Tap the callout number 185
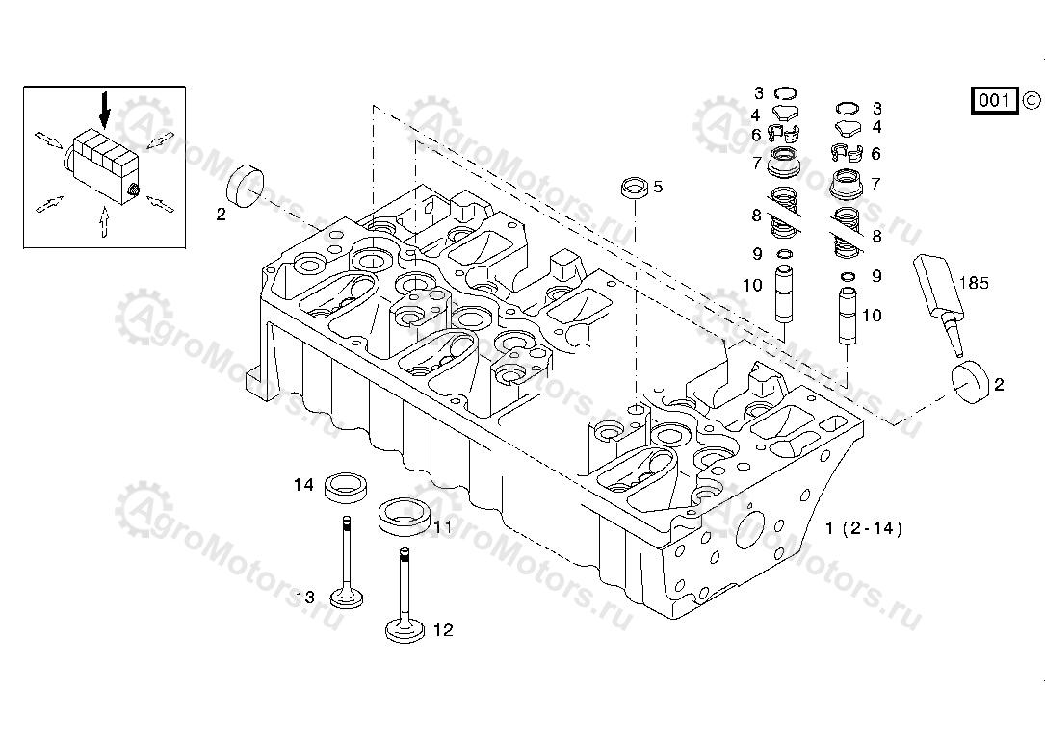coord(975,283)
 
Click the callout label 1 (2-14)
coord(864,528)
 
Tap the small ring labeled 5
coord(633,188)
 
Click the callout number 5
coord(658,188)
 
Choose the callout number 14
coord(303,485)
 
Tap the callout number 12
coord(442,630)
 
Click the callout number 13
coord(304,598)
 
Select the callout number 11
coord(442,526)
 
